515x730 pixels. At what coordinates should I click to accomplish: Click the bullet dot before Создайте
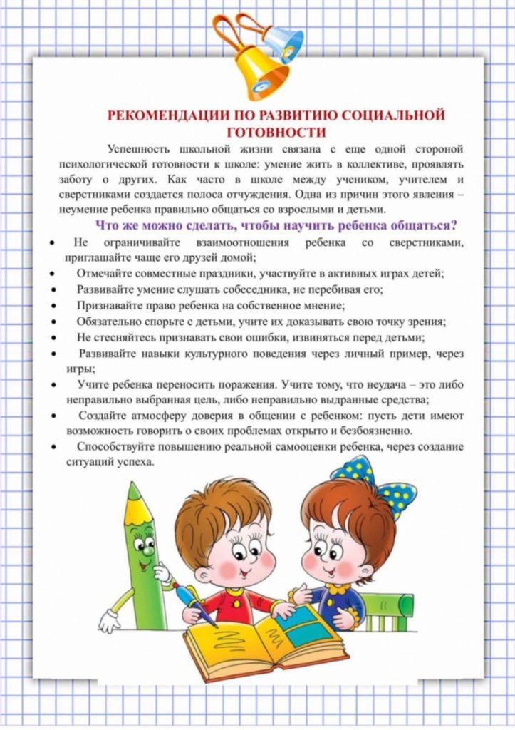point(54,416)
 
